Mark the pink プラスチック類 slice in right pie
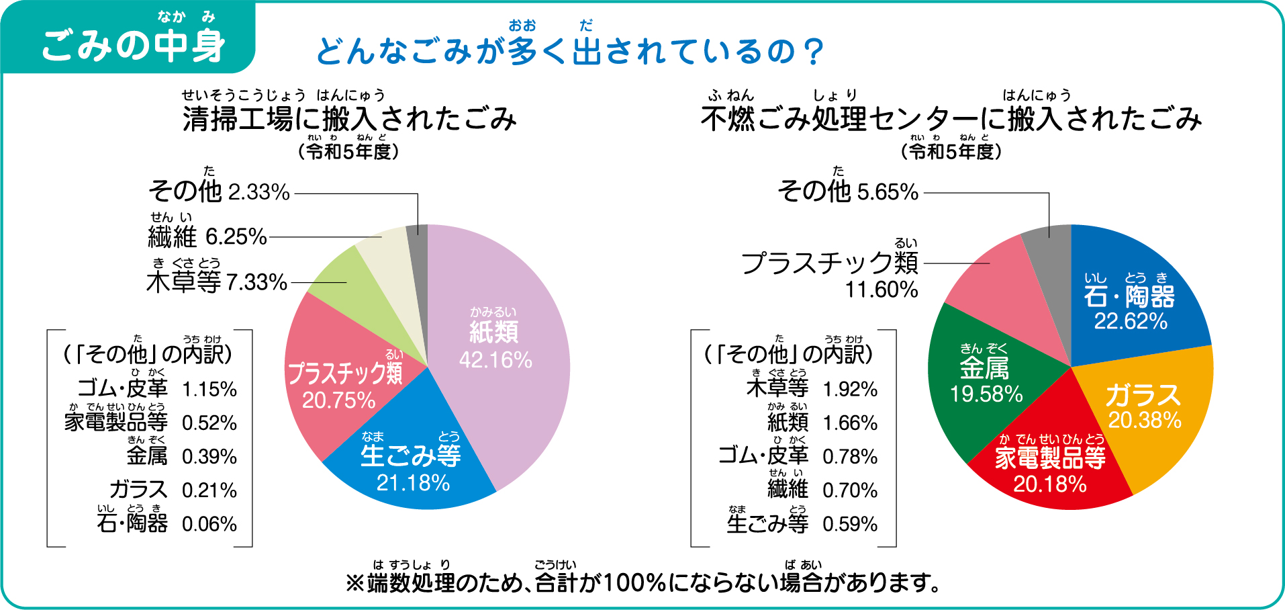[x=994, y=282]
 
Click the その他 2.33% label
[x=219, y=191]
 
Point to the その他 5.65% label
[x=847, y=191]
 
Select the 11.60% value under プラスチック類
[x=881, y=290]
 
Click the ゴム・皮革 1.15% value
[x=209, y=389]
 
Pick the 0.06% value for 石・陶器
[x=209, y=524]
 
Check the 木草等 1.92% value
[x=850, y=389]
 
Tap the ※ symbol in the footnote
[x=354, y=582]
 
